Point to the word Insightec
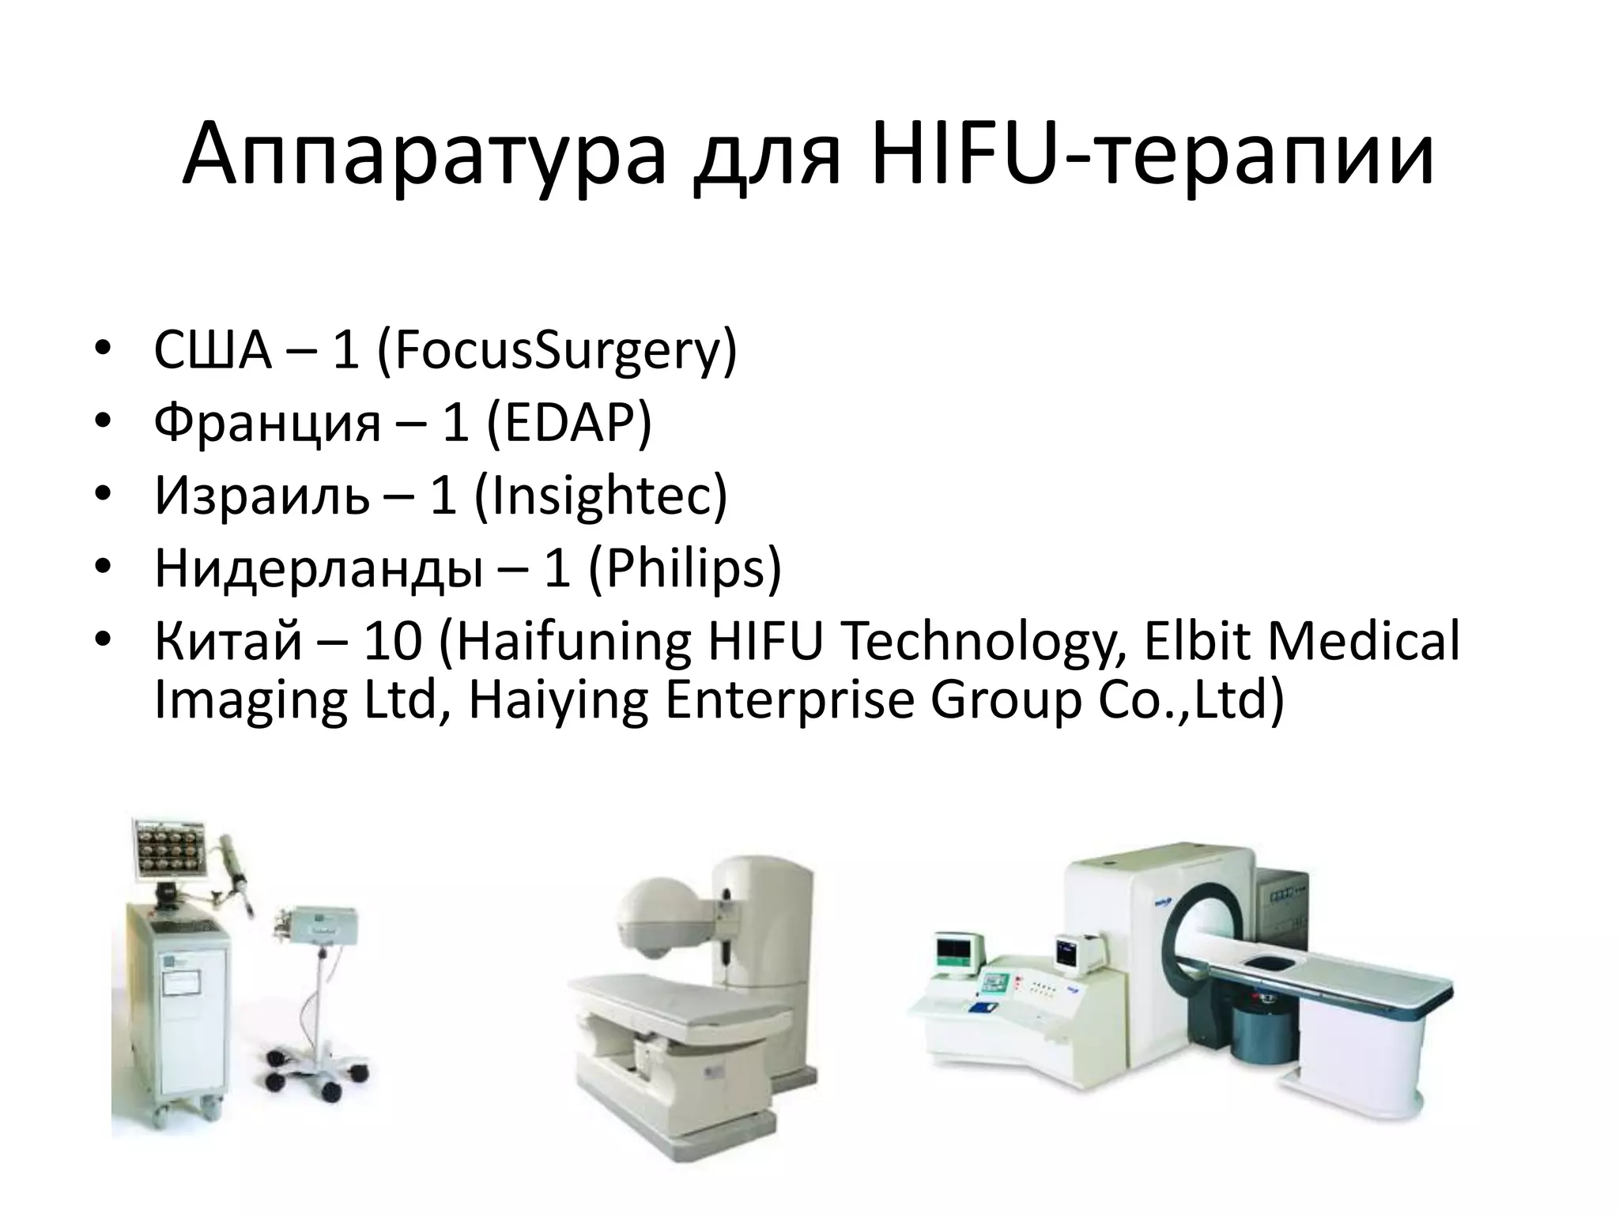point(601,496)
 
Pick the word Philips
point(685,567)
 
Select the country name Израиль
point(262,496)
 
